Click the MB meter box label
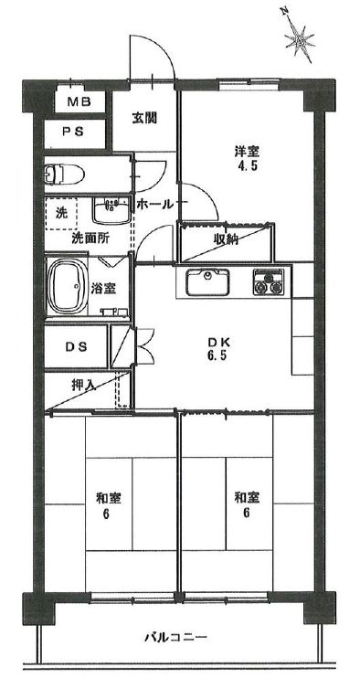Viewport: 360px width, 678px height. (x=80, y=102)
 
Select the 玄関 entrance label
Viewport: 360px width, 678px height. (x=144, y=118)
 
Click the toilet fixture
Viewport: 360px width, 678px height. (x=64, y=174)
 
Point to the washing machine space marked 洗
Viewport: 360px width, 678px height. (x=61, y=213)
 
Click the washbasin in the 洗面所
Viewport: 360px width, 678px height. (x=111, y=210)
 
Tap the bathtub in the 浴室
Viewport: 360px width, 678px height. (x=68, y=286)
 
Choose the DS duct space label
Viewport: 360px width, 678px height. (x=77, y=346)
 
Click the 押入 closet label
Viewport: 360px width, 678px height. (x=83, y=384)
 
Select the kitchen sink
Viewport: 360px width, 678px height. (x=208, y=282)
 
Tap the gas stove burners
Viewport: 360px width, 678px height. (x=269, y=282)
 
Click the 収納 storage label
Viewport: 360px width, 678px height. (x=227, y=239)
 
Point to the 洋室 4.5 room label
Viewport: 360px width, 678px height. (x=247, y=159)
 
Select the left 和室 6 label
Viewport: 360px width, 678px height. (x=108, y=505)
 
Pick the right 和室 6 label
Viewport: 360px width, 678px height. (x=247, y=505)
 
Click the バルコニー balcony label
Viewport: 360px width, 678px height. (x=176, y=637)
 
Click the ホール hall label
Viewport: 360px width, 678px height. (x=155, y=205)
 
